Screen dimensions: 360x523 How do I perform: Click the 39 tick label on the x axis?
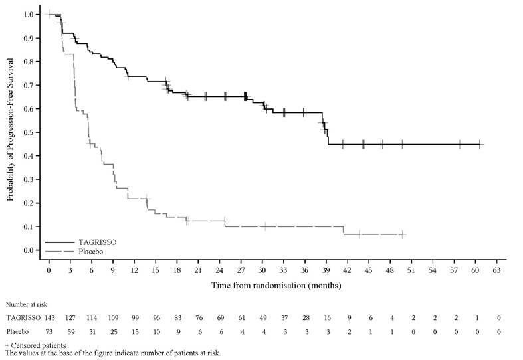326,272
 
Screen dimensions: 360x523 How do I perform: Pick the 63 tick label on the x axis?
496,272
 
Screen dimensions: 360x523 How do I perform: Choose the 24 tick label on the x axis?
219,272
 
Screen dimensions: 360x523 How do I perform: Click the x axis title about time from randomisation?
276,286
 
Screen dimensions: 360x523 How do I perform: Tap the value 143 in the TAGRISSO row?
49,317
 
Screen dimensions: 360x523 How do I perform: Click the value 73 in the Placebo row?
49,330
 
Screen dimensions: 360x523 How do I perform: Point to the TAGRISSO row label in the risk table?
23,317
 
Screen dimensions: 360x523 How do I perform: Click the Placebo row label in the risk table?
19,330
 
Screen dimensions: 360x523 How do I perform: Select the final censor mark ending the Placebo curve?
402,234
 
